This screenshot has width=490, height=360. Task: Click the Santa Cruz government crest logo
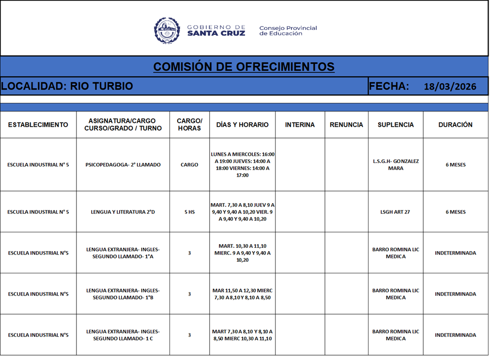pyautogui.click(x=167, y=30)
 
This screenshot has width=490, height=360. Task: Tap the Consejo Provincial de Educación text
pyautogui.click(x=288, y=30)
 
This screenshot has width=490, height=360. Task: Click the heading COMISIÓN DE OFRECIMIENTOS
pyautogui.click(x=244, y=66)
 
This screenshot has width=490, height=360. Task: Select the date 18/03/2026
pyautogui.click(x=450, y=87)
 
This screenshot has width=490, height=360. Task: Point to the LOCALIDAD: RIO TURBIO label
pyautogui.click(x=67, y=86)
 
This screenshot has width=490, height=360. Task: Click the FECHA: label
pyautogui.click(x=389, y=86)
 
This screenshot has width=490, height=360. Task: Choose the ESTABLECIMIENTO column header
pyautogui.click(x=38, y=125)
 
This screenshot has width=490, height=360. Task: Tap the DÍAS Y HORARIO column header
pyautogui.click(x=242, y=125)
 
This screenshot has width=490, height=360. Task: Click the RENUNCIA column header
pyautogui.click(x=346, y=125)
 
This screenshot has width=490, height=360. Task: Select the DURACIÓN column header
pyautogui.click(x=455, y=125)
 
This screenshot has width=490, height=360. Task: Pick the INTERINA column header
pyautogui.click(x=300, y=125)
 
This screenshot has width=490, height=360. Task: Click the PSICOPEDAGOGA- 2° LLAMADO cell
pyautogui.click(x=123, y=165)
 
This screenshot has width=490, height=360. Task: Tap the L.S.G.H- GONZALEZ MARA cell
pyautogui.click(x=396, y=165)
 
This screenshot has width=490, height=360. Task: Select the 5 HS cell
pyautogui.click(x=189, y=212)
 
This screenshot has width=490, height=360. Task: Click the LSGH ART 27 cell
pyautogui.click(x=396, y=212)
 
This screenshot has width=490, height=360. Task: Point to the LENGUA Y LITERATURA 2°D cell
pyautogui.click(x=123, y=212)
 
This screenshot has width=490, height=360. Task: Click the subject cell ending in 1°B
pyautogui.click(x=123, y=294)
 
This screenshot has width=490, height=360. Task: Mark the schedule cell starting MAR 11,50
pyautogui.click(x=242, y=294)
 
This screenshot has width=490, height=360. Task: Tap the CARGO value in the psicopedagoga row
pyautogui.click(x=189, y=165)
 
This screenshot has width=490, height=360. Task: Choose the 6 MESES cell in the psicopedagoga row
pyautogui.click(x=455, y=165)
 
